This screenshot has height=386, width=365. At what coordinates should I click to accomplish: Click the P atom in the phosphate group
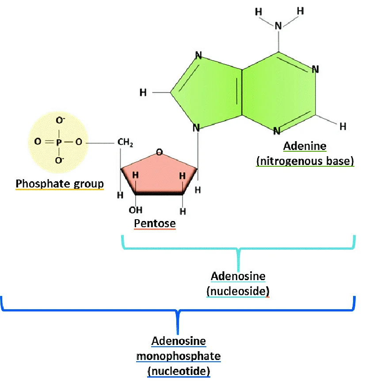(x=59, y=142)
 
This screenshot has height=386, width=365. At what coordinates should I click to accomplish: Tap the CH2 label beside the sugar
(x=125, y=142)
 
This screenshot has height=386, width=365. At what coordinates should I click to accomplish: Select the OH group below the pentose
(x=135, y=210)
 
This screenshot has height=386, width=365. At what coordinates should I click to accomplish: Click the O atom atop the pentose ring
(x=160, y=152)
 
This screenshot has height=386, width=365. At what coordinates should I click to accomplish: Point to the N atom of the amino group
(x=278, y=26)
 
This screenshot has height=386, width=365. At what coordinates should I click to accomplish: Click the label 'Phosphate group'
(x=60, y=184)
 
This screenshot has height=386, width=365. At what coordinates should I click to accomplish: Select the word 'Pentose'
(x=155, y=224)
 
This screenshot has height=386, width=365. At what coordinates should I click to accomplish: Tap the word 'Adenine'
(x=305, y=146)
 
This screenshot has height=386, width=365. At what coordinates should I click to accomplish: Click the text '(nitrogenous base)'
(x=305, y=161)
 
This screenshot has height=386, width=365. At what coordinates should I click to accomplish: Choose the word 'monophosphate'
(x=179, y=356)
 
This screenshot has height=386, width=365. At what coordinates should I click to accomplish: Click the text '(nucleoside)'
(x=238, y=292)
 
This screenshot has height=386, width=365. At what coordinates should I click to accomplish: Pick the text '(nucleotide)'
(x=179, y=371)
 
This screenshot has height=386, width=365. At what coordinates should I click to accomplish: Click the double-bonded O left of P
(x=38, y=142)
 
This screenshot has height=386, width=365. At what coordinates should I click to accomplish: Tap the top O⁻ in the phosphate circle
(x=60, y=120)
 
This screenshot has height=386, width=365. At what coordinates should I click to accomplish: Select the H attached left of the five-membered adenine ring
(x=143, y=93)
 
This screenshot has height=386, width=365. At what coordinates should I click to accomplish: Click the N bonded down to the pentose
(x=196, y=128)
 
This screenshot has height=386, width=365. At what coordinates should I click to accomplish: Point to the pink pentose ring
(x=159, y=173)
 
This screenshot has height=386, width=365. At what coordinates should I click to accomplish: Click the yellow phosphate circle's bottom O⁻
(x=60, y=160)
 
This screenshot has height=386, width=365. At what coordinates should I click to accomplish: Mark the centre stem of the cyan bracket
(x=238, y=260)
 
